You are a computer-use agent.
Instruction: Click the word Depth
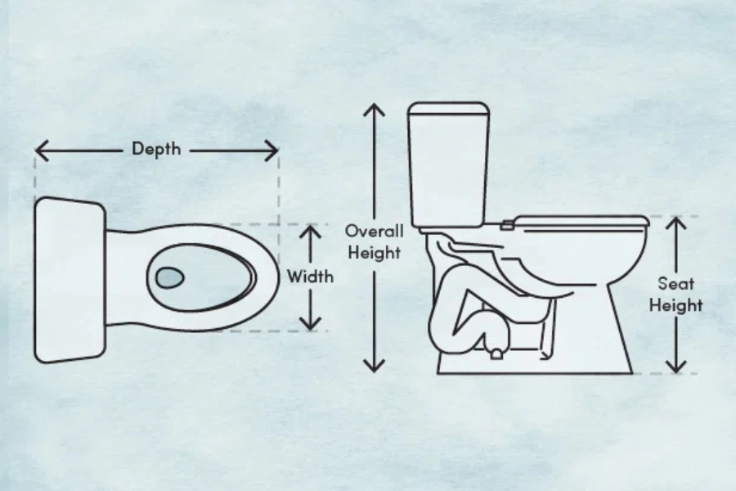click(x=156, y=148)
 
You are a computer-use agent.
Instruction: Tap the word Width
click(x=310, y=277)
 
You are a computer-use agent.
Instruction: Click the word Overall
click(x=374, y=231)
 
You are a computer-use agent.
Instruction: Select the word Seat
click(x=676, y=283)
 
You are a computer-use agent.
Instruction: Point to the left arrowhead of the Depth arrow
click(x=43, y=151)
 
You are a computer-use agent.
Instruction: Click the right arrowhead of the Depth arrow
click(x=272, y=151)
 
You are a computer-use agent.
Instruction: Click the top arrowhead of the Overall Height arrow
click(x=374, y=110)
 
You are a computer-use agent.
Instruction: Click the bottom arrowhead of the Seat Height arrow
click(x=676, y=367)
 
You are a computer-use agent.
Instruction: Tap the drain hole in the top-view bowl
click(x=169, y=277)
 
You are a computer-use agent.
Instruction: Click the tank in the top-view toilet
click(x=70, y=280)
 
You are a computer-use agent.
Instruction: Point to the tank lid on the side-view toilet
click(x=449, y=110)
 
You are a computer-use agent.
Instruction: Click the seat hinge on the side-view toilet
click(x=506, y=224)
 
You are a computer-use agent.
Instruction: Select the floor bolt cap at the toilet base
click(x=496, y=354)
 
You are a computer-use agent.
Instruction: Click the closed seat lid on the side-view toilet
click(x=582, y=221)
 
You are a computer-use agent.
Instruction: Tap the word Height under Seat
click(x=676, y=305)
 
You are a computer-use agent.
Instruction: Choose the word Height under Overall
click(x=374, y=252)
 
